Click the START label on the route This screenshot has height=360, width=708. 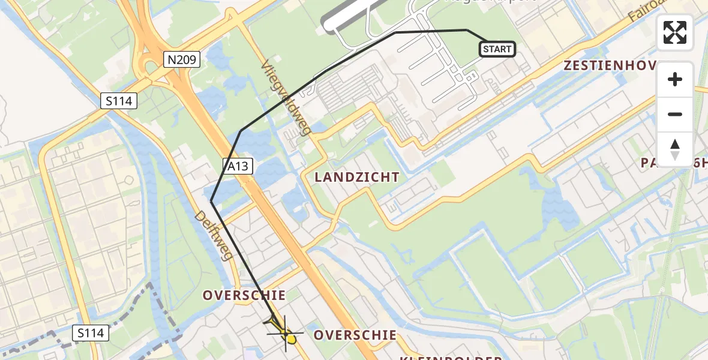(497, 49)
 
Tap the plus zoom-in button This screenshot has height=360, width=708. (675, 80)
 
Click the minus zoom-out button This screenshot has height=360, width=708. (675, 114)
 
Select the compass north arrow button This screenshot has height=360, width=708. (675, 149)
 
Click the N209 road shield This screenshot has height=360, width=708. (182, 59)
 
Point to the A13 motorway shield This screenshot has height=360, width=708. (238, 166)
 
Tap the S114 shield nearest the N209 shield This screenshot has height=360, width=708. (119, 101)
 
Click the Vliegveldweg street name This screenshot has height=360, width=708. (285, 97)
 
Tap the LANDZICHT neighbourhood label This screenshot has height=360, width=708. (357, 177)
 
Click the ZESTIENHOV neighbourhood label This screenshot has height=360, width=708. (610, 66)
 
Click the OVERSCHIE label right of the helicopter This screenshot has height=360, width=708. (355, 335)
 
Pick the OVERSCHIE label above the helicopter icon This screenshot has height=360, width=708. (244, 295)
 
